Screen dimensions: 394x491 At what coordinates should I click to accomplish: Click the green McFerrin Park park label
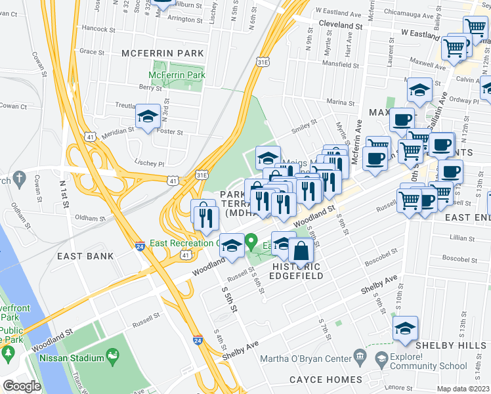tap(178, 76)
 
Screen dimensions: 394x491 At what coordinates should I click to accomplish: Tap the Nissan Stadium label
tap(72, 358)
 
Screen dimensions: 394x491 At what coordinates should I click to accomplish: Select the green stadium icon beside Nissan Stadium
tap(113, 357)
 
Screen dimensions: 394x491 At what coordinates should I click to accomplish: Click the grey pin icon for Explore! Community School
tap(381, 358)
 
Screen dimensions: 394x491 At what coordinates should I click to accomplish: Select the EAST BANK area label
tap(85, 256)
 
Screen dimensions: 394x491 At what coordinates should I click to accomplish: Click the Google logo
tap(22, 386)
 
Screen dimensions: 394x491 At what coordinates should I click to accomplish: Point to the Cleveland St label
tap(341, 24)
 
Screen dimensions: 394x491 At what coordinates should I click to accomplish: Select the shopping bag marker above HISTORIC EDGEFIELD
tap(301, 251)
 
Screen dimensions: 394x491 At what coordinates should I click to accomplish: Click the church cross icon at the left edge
tap(20, 177)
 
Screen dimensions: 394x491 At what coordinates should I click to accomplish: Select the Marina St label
tap(341, 102)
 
